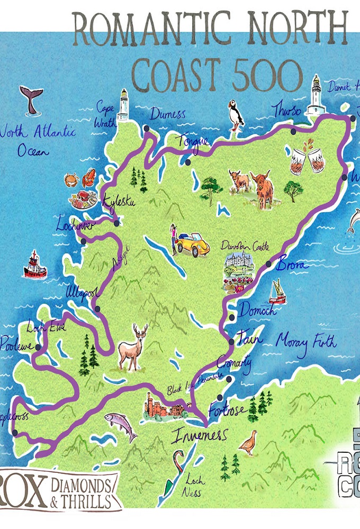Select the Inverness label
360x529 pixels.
[199, 435]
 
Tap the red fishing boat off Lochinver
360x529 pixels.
[35, 266]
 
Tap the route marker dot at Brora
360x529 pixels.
[268, 263]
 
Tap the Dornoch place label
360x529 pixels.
[258, 311]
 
